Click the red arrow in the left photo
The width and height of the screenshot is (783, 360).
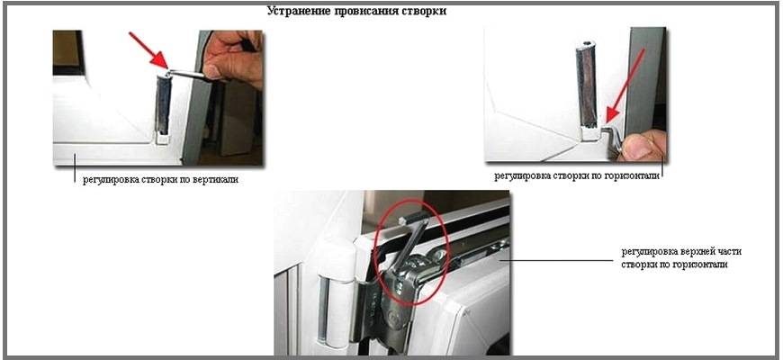pyautogui.click(x=148, y=49)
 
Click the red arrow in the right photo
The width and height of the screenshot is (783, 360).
pyautogui.click(x=625, y=85)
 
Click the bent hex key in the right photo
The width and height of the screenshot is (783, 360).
pyautogui.click(x=612, y=139)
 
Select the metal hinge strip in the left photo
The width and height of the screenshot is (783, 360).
pyautogui.click(x=163, y=105)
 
